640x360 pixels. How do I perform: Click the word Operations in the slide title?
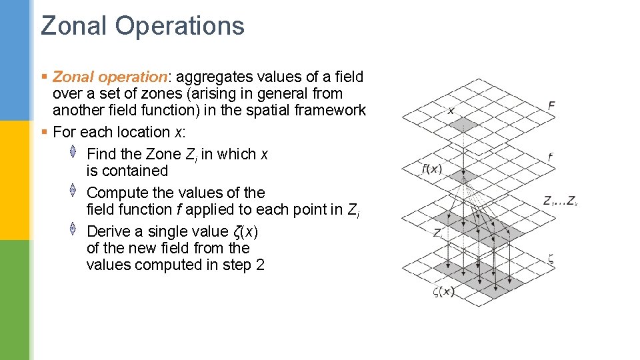click(179, 26)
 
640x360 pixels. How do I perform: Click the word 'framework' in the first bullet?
click(332, 110)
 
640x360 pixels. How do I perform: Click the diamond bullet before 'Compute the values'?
click(73, 191)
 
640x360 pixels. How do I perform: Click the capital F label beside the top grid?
click(551, 105)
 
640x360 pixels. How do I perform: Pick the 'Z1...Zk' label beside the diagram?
click(559, 200)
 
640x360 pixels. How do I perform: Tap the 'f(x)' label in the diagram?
click(432, 169)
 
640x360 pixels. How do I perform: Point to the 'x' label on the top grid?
click(451, 110)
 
